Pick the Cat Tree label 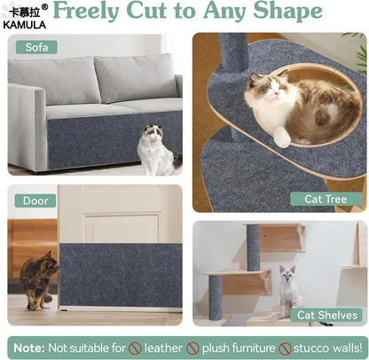[325, 199]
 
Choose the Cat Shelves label [328, 314]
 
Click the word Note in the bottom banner [28, 347]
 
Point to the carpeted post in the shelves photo [255, 247]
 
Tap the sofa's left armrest [23, 124]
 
